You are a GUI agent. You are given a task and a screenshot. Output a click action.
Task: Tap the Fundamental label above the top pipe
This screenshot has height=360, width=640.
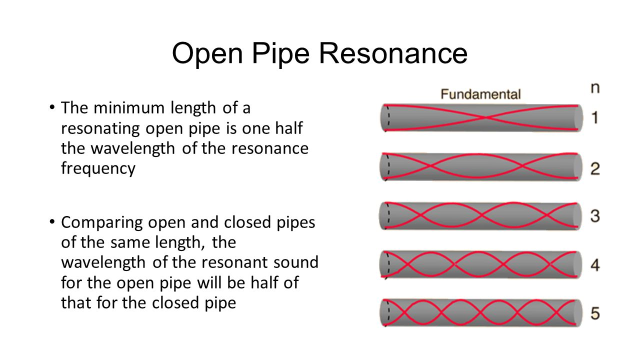tap(480, 94)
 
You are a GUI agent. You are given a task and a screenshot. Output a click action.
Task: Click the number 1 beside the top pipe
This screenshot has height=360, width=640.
tap(594, 118)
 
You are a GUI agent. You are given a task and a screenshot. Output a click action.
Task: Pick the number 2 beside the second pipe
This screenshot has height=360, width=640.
tap(595, 168)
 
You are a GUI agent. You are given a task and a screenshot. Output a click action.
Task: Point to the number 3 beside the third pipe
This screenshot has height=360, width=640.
tap(595, 216)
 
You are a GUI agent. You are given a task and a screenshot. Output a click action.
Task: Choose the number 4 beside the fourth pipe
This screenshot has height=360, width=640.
tap(595, 264)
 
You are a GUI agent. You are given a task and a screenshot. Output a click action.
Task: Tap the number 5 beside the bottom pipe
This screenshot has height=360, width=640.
tap(595, 313)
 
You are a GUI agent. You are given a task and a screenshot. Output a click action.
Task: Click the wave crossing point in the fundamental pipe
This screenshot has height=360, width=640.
tap(482, 118)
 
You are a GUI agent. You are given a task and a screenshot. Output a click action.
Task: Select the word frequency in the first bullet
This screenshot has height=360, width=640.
tap(98, 168)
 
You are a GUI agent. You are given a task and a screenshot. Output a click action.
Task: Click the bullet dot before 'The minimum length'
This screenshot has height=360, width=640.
tap(52, 107)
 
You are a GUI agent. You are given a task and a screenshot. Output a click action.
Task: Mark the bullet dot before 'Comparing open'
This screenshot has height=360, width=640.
tap(52, 222)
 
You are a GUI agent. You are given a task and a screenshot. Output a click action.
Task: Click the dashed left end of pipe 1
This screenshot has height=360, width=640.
tap(385, 118)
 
